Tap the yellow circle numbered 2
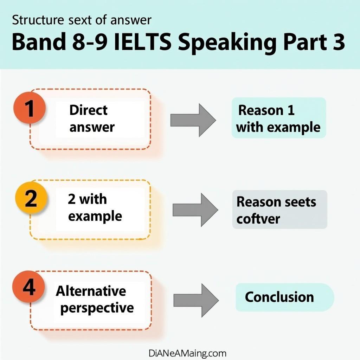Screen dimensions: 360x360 click(31, 199)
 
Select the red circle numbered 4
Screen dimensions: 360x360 click(30, 288)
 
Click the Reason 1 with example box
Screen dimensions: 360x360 click(278, 118)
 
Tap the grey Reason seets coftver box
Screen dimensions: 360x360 click(279, 210)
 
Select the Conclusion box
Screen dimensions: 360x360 click(284, 297)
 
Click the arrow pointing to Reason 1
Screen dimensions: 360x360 click(193, 120)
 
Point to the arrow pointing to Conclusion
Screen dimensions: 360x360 click(195, 300)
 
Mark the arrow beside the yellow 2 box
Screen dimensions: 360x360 click(195, 210)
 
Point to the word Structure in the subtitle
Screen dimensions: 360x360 click(36, 20)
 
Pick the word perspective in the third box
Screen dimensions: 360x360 click(97, 308)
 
